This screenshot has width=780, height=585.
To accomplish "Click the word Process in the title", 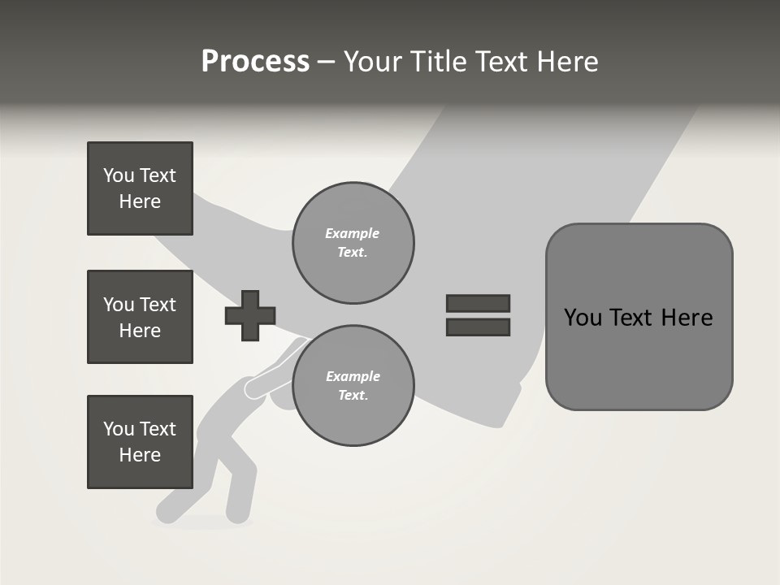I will (255, 62).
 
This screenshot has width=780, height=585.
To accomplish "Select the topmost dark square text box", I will (140, 188).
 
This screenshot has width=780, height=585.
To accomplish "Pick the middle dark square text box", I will (140, 317).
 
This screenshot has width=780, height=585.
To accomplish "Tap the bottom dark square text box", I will (140, 442).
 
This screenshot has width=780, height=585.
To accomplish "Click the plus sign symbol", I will (250, 315).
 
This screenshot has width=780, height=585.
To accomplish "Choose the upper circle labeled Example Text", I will (353, 242).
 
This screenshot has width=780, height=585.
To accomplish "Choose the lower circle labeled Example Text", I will (353, 385).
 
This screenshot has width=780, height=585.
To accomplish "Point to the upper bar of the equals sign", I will (478, 304).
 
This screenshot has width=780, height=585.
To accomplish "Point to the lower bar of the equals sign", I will (478, 327).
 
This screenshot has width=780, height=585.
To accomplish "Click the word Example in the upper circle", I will (352, 233).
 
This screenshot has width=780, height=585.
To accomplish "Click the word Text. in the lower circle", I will (353, 396).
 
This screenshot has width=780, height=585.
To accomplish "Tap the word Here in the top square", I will (140, 201).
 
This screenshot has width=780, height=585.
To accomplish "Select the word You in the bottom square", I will (119, 429).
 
